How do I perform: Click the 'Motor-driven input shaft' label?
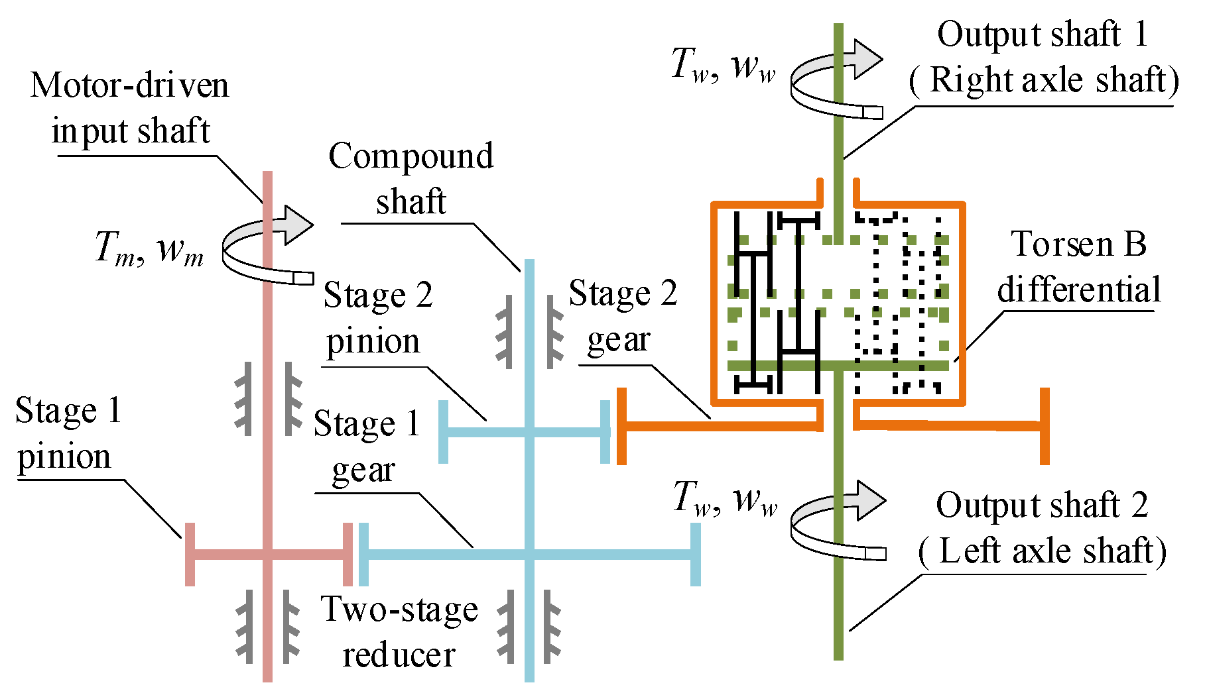[x=130, y=107]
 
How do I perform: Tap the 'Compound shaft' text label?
[x=411, y=178]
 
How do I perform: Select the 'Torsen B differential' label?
[x=1078, y=267]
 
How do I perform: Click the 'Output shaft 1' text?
[x=1042, y=34]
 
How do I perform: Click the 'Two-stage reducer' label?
[x=399, y=631]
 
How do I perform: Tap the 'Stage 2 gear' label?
[x=623, y=316]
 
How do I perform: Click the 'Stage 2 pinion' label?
[x=377, y=317]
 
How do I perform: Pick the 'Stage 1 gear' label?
[x=367, y=446]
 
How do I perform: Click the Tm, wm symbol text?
[x=149, y=248]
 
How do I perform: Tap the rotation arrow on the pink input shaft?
[x=268, y=246]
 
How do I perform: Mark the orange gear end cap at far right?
[x=1045, y=426]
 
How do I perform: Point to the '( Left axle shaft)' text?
[x=1042, y=551]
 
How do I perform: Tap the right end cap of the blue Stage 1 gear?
[x=695, y=555]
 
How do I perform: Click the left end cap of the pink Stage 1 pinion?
[x=190, y=555]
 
